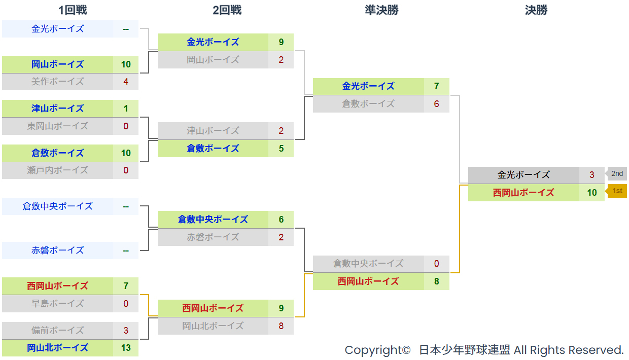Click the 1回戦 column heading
point(73,10)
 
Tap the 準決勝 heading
point(381,10)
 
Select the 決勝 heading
point(536,10)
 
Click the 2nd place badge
point(616,174)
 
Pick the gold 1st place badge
point(616,191)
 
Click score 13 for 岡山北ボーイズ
point(126,348)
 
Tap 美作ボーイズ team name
point(57,82)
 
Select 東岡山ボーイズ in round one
point(57,126)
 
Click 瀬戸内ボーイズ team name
point(57,170)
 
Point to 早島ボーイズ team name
point(57,304)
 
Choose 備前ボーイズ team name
point(57,331)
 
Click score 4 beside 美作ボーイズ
point(126,82)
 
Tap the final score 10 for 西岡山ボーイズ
point(592,193)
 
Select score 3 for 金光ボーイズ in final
point(592,175)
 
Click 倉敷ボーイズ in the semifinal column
point(368,104)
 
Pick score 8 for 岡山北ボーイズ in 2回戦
point(281,326)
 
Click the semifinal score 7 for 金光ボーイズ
point(436,86)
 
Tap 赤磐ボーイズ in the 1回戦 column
point(57,250)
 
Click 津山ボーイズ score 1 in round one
point(126,109)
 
